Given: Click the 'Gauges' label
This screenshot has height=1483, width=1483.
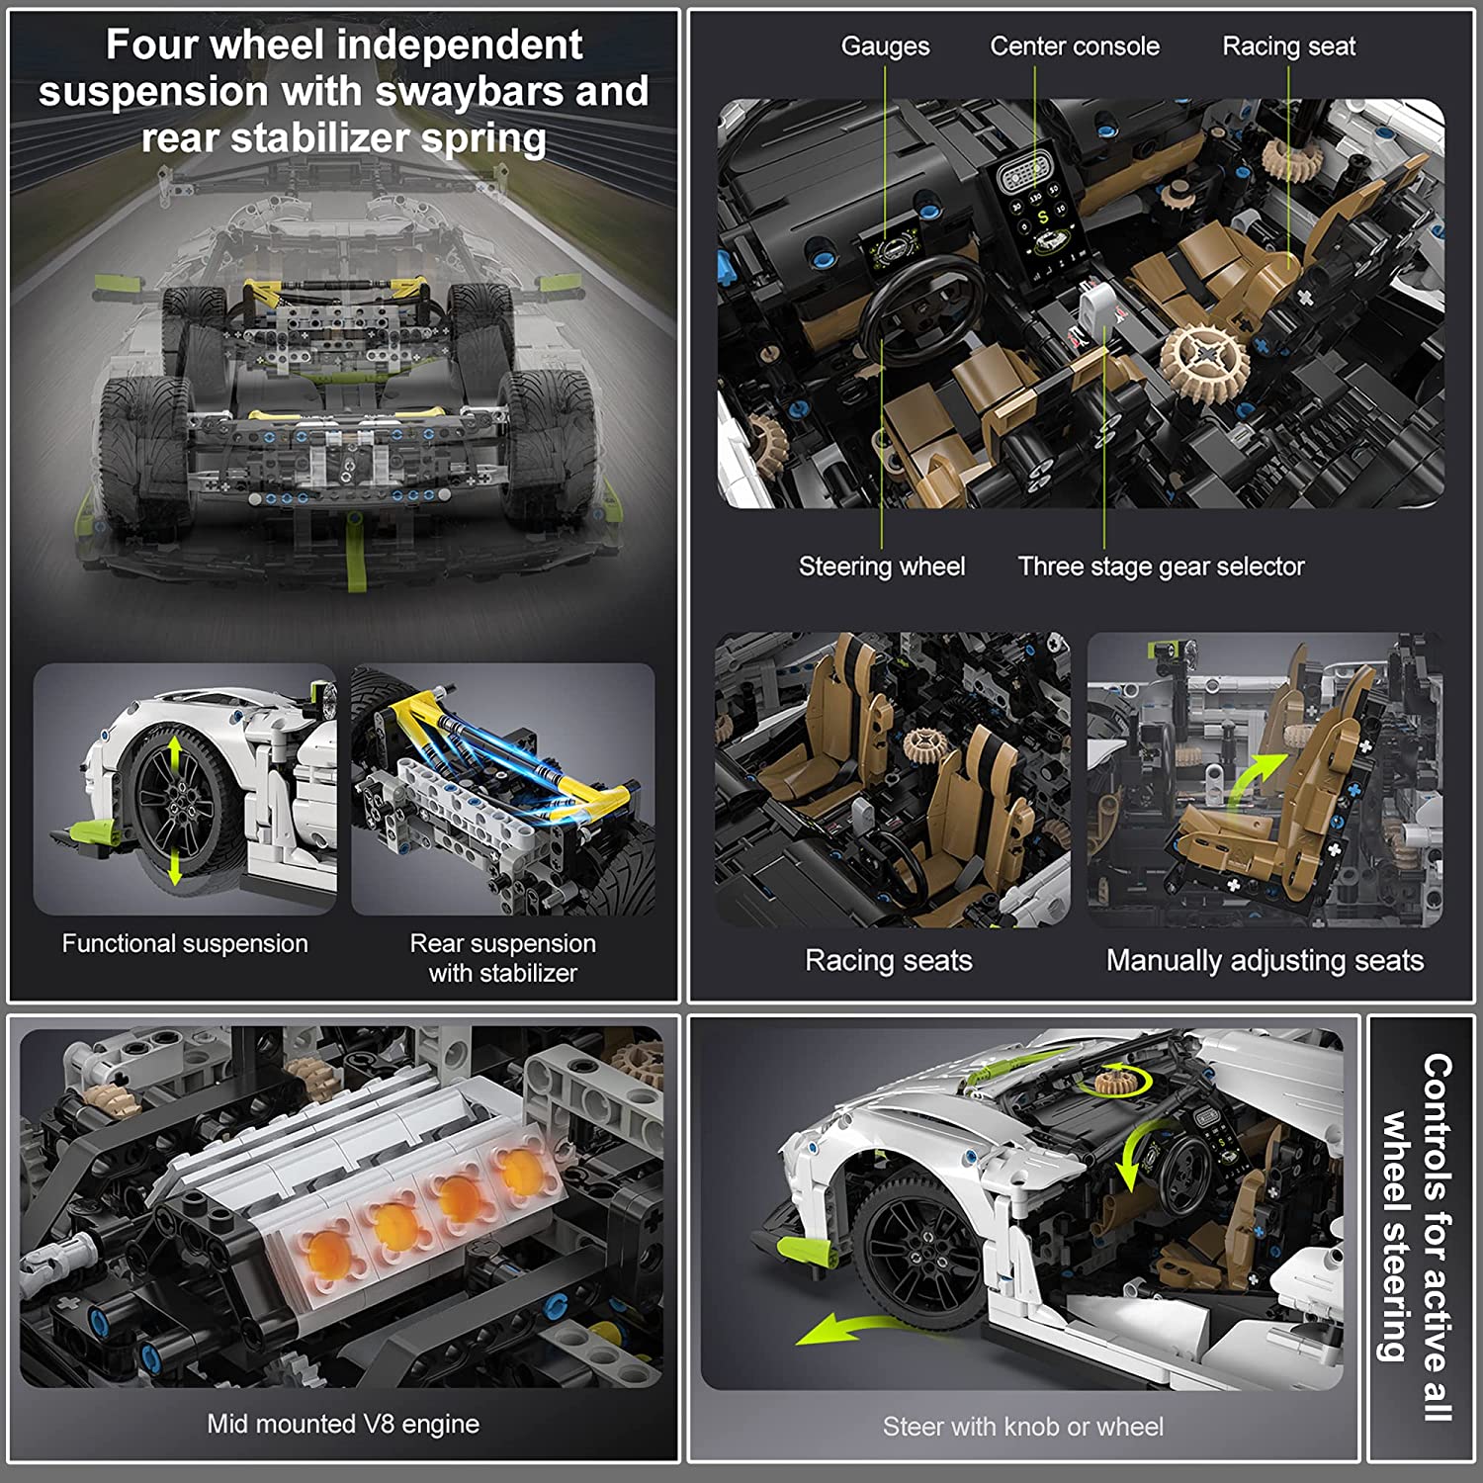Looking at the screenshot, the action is pos(885,46).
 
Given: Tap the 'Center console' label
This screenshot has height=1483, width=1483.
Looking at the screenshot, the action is pos(1075,45).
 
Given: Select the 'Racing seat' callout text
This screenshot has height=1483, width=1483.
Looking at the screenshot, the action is pos(1289,46).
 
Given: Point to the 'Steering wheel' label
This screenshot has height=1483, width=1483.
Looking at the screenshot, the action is pos(882,567).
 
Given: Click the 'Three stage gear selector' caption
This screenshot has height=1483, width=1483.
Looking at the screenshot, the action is pos(1162,567).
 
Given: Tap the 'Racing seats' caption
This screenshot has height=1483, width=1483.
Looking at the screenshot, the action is pos(889,960).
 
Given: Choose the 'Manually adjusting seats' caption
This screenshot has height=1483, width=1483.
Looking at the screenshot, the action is pos(1265,960).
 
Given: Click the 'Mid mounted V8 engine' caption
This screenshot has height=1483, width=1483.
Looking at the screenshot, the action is pos(343,1424).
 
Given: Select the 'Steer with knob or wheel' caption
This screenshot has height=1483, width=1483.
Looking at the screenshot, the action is pos(1023,1427).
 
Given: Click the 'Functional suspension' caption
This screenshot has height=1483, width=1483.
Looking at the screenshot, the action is pos(185,943).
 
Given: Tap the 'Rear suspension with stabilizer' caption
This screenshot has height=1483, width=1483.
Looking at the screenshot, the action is pos(503,958).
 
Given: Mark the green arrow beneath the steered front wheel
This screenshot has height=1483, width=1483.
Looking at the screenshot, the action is pos(860,1329).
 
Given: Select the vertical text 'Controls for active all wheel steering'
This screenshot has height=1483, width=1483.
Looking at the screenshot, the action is pos(1416,1238).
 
